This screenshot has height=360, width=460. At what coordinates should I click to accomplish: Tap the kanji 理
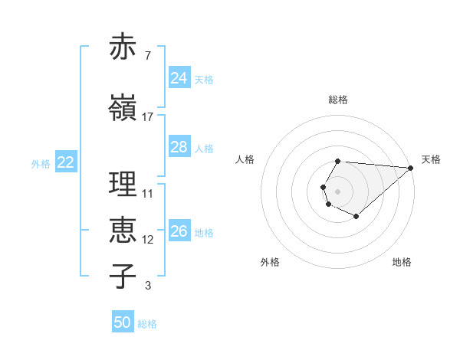point(123,185)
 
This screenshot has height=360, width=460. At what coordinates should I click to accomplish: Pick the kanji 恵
point(123,231)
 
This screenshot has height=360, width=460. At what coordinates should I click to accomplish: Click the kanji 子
point(123,277)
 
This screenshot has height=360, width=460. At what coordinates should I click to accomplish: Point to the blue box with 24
point(179,78)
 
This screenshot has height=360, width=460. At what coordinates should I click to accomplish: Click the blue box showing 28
point(179,147)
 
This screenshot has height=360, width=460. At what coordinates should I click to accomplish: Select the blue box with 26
point(179,231)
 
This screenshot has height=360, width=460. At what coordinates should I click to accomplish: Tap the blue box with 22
point(66,162)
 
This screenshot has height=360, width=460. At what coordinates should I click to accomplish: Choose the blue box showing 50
point(123,323)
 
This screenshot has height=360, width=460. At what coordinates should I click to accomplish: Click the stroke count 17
point(148,117)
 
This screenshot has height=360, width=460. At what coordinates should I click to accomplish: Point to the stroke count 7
point(147,56)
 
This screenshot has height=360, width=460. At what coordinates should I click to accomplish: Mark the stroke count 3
point(147,286)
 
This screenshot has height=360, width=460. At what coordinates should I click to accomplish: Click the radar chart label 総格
point(338,100)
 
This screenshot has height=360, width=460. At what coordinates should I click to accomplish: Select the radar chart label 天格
point(431,159)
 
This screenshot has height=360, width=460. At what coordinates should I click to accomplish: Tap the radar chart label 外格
point(270,262)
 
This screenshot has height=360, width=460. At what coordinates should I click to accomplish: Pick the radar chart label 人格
point(245,159)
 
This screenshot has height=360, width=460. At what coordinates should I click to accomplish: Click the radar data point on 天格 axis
point(411,167)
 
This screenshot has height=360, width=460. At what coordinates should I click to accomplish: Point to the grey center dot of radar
point(338,190)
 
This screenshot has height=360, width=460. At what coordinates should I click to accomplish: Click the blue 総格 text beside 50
point(147,324)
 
